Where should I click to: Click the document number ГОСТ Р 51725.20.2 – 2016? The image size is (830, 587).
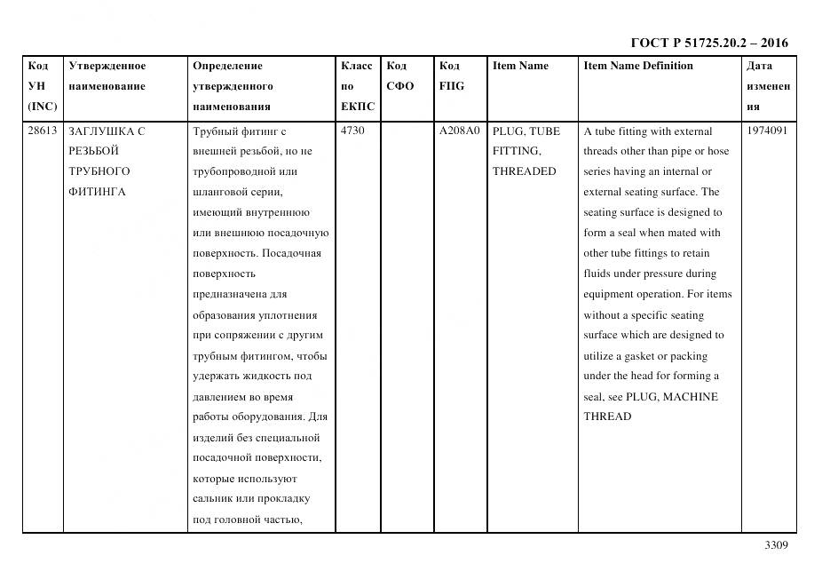pos(708,43)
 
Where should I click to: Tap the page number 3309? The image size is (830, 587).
pos(776,546)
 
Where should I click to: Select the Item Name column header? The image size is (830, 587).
pos(520,66)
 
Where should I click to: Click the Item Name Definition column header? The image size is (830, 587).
pos(637,66)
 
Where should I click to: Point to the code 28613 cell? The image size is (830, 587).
pos(42,131)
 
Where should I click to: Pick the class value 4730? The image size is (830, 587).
pos(352,131)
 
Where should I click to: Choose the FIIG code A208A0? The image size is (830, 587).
pos(459,131)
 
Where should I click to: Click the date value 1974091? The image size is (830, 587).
pos(768,131)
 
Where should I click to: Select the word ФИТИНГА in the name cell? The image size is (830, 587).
pos(97,192)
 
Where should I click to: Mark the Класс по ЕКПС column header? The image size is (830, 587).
pos(357,86)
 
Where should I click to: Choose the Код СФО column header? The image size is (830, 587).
pos(400,76)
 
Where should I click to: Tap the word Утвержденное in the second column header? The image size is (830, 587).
pos(107,66)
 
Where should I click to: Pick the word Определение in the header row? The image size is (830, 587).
pos(227,66)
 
